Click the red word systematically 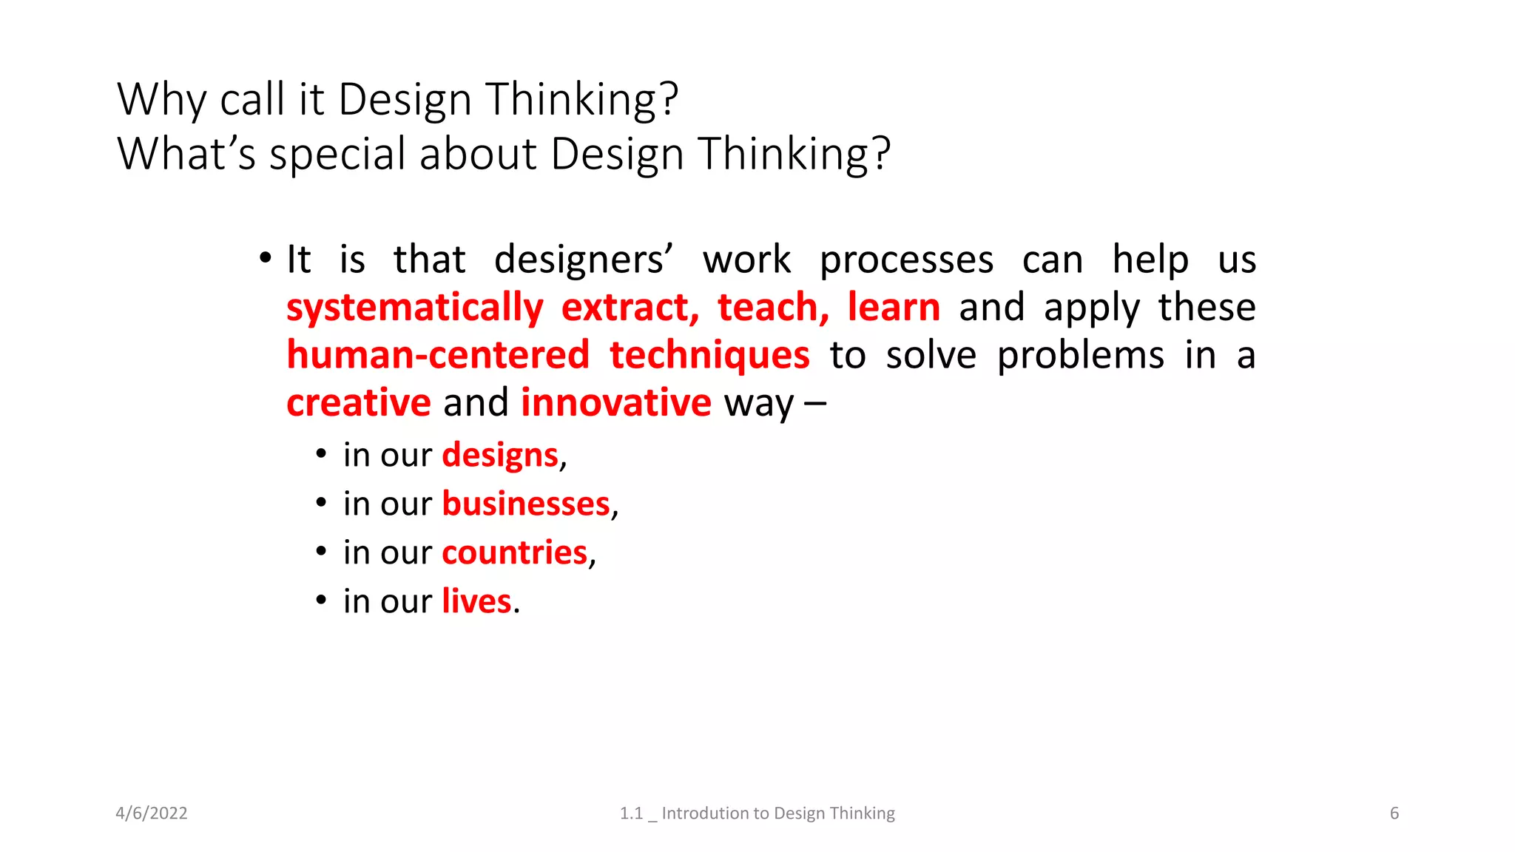tap(415, 308)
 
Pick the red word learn tap(894, 307)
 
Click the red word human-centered tap(438, 355)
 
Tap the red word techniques tap(709, 356)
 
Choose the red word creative tap(359, 403)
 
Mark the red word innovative tap(616, 403)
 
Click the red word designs tap(500, 456)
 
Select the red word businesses tap(526, 504)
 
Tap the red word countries tap(515, 552)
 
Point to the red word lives tap(476, 601)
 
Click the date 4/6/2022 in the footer tap(152, 814)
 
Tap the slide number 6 tap(1394, 814)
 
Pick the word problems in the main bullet tap(1080, 356)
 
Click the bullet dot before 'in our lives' tap(321, 599)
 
